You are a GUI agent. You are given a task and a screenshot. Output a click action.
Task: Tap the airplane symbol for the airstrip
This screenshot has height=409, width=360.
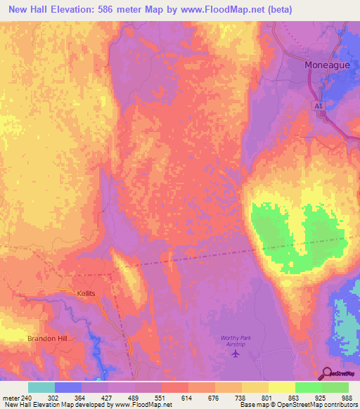pos(235,353)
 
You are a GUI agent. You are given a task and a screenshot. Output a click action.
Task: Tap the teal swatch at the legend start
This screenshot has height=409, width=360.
pos(41,387)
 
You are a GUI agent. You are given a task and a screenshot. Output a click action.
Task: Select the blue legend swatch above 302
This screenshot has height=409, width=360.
pos(68,387)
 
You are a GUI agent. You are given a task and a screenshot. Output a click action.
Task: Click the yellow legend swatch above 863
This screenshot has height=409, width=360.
pos(282,387)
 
